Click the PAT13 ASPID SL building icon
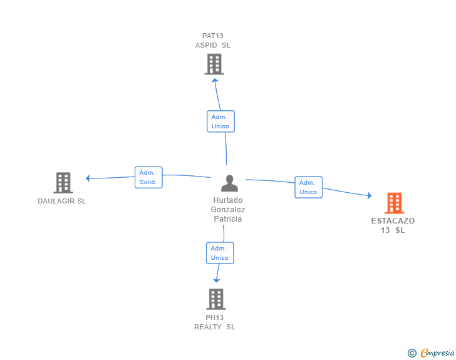coord(214,64)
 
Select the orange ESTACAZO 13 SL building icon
coord(394,203)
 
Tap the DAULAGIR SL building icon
coord(63,182)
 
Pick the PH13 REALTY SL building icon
coord(215,299)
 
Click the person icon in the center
coord(230,183)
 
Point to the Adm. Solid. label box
coord(148,177)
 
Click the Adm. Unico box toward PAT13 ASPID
coord(220,121)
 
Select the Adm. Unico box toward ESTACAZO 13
coord(308,187)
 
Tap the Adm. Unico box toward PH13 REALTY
coord(220,253)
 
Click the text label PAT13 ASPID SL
coord(213,40)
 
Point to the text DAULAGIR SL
coord(62,202)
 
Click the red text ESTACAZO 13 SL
coord(393,225)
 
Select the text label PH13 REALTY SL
coord(215,322)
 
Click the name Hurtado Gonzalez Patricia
coord(228,210)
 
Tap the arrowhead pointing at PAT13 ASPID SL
coord(215,80)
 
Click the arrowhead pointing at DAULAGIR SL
coord(88,178)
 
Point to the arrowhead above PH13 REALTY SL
coord(217,280)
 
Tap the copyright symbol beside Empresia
coord(412,353)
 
